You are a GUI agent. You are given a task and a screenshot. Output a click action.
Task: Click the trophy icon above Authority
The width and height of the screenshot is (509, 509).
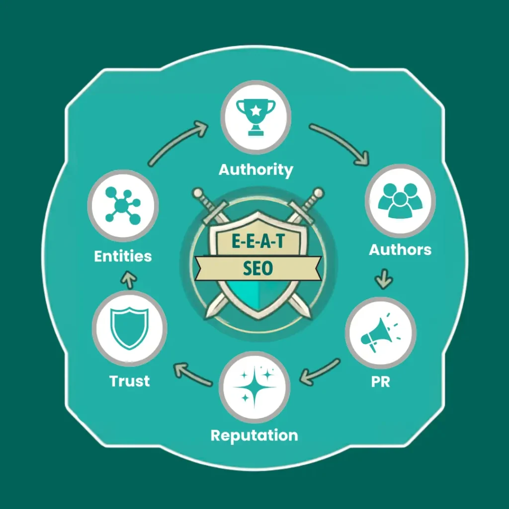point(256,117)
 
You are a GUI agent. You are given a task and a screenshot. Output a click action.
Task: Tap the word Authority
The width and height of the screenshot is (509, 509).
point(256,170)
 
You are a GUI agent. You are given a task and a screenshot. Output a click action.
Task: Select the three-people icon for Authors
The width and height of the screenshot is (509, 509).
point(400,200)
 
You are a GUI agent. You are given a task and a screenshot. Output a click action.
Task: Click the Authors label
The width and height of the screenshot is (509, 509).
point(400,250)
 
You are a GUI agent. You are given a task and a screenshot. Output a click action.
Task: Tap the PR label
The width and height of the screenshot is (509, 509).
point(380,382)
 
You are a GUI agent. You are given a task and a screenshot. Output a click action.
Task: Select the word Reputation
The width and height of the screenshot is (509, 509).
point(254,435)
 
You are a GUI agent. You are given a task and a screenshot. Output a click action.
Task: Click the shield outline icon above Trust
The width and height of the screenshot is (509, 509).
point(130,329)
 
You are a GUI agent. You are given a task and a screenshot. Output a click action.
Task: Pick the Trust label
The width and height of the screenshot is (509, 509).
point(130,381)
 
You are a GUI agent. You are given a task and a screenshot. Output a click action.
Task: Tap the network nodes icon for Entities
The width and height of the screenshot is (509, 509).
point(123,205)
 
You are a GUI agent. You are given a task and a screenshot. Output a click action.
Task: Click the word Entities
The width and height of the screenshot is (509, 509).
point(123,256)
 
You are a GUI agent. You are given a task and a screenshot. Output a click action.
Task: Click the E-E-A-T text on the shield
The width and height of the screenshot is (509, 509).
point(258,241)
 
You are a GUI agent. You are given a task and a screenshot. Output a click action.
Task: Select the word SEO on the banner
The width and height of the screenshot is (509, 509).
point(258,268)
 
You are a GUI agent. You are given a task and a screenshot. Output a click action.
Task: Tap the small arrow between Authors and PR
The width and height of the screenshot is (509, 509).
point(384,278)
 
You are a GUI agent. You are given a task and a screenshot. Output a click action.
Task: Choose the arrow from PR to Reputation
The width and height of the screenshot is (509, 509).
point(320,372)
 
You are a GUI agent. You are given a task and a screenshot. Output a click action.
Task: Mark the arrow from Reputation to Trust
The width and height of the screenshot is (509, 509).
point(192,374)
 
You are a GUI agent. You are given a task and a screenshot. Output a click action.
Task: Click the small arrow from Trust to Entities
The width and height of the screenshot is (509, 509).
point(129,280)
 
